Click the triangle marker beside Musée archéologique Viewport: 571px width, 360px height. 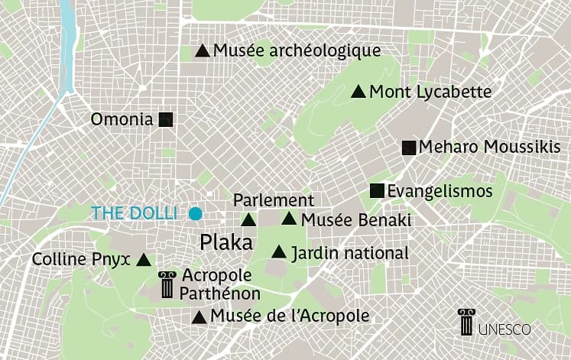[x=203, y=51]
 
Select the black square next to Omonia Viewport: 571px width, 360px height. [x=167, y=119]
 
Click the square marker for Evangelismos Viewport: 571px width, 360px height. [x=377, y=191]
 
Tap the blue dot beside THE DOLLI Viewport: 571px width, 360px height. [x=196, y=213]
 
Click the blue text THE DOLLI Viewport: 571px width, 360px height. [x=134, y=213]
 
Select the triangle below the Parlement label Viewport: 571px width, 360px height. [x=248, y=220]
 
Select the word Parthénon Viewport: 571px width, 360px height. [x=220, y=293]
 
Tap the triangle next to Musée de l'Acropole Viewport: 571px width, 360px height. [x=199, y=316]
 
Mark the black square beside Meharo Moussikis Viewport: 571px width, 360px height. [x=409, y=148]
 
